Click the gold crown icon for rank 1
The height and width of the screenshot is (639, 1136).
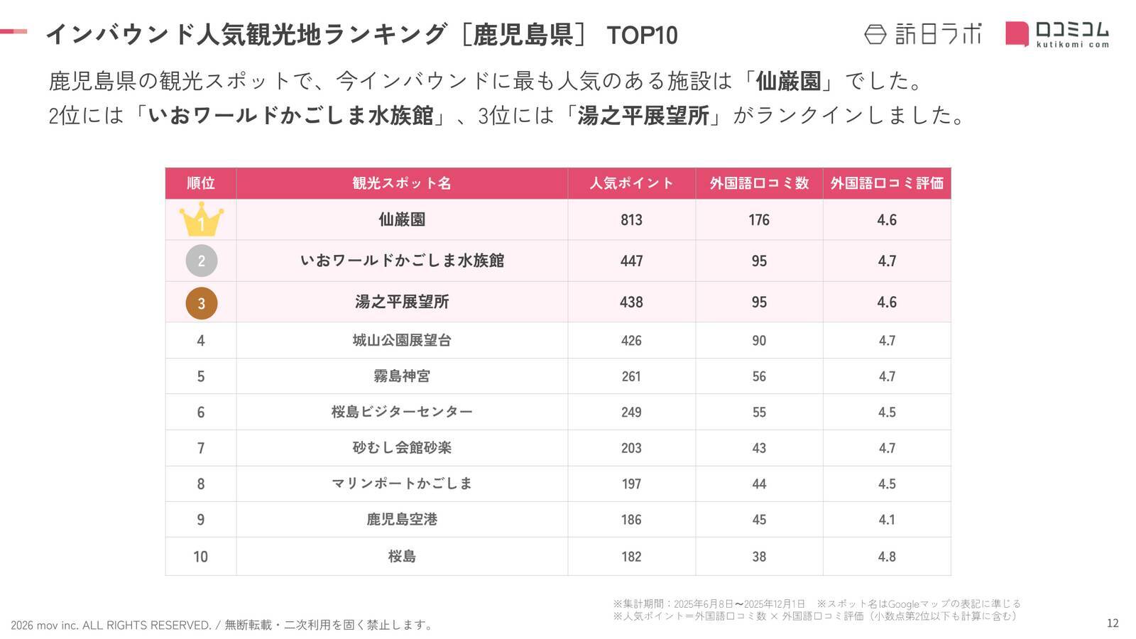pyautogui.click(x=201, y=219)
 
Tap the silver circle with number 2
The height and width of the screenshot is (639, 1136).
pyautogui.click(x=201, y=261)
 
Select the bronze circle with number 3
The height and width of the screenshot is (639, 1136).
pyautogui.click(x=201, y=302)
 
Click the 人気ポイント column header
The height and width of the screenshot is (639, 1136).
pyautogui.click(x=631, y=183)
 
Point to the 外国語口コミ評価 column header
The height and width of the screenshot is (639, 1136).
pyautogui.click(x=887, y=183)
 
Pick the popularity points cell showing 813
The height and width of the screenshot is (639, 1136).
pyautogui.click(x=631, y=220)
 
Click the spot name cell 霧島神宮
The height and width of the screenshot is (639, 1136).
pyautogui.click(x=402, y=376)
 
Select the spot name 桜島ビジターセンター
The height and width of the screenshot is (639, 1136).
pyautogui.click(x=402, y=412)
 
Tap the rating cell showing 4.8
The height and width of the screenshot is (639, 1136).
pyautogui.click(x=887, y=557)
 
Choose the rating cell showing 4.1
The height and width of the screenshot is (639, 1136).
pyautogui.click(x=887, y=520)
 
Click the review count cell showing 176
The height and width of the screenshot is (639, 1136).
pyautogui.click(x=759, y=220)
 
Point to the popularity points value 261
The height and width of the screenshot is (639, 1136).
pyautogui.click(x=631, y=376)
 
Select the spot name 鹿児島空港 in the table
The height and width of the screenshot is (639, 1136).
pyautogui.click(x=402, y=520)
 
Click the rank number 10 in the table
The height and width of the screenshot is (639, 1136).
pyautogui.click(x=201, y=557)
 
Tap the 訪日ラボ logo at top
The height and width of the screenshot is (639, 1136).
pyautogui.click(x=923, y=34)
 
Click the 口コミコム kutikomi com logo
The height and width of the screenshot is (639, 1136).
pyautogui.click(x=1057, y=34)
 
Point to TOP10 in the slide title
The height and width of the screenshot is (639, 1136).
pyautogui.click(x=642, y=35)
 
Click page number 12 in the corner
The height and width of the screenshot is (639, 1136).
pyautogui.click(x=1113, y=623)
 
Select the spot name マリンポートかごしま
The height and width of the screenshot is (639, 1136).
pyautogui.click(x=402, y=484)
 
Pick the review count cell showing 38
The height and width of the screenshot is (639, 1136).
pyautogui.click(x=759, y=557)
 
